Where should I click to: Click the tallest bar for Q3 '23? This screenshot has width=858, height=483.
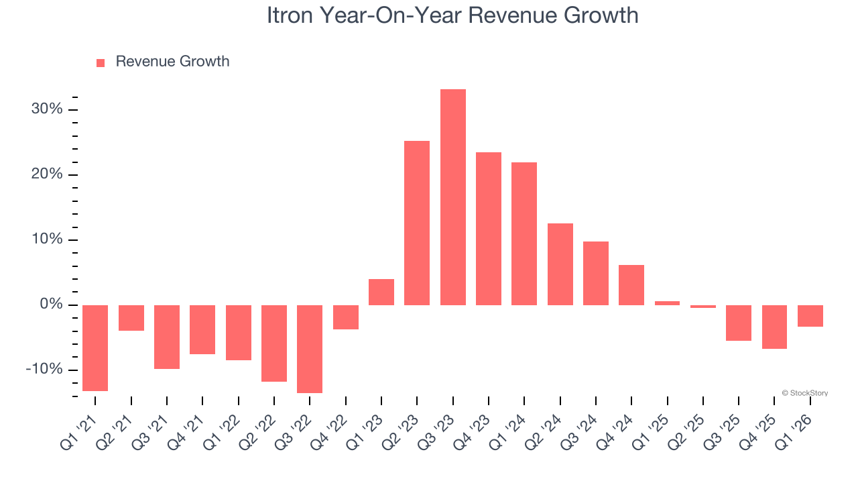tap(452, 197)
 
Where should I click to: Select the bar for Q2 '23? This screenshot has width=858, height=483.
tap(417, 223)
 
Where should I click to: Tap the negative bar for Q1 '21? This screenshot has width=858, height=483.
tap(95, 347)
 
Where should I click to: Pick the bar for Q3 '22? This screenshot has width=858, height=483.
tap(310, 349)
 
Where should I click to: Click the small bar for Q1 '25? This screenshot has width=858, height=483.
tap(667, 303)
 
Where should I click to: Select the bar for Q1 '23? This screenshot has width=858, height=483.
tap(381, 292)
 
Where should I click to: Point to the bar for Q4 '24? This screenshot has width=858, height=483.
tap(631, 285)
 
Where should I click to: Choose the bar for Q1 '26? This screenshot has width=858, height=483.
tap(810, 316)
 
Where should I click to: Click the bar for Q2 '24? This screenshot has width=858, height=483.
tap(560, 264)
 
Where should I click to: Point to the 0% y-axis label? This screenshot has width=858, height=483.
tap(50, 305)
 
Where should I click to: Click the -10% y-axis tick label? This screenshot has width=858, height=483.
tap(44, 370)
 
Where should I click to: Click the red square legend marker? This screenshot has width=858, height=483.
tap(101, 63)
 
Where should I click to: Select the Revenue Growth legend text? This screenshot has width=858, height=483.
tap(172, 62)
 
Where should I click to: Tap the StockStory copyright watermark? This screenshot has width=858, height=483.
tap(804, 393)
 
